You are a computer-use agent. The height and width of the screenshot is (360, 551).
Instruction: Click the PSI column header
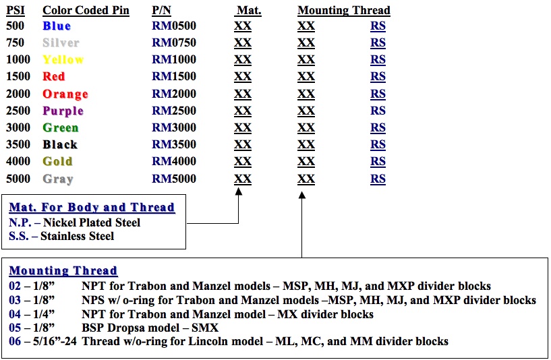tap(16, 10)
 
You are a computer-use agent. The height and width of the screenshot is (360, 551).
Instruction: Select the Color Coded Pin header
tap(86, 11)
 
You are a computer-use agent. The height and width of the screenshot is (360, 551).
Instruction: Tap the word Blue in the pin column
tap(57, 26)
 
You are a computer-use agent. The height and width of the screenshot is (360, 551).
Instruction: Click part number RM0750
tap(173, 42)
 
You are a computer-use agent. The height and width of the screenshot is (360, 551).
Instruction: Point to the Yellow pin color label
tap(63, 59)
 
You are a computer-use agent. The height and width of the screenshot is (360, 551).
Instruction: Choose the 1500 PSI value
tap(18, 76)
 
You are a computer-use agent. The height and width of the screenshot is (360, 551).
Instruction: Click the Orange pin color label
tap(65, 94)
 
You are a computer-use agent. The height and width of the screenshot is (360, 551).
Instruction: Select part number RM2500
tap(173, 111)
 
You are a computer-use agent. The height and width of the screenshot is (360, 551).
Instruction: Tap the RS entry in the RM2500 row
tap(378, 111)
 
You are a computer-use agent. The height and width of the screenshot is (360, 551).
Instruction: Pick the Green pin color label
tap(61, 127)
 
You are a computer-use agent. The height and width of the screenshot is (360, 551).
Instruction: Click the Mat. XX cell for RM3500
tap(243, 144)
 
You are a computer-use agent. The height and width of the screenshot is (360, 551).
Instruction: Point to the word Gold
tap(57, 161)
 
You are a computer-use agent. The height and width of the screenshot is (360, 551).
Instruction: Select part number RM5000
tap(173, 179)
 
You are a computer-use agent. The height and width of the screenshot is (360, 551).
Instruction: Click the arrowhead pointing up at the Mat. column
tap(239, 191)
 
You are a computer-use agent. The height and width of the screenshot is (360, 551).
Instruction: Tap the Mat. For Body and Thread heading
tap(92, 207)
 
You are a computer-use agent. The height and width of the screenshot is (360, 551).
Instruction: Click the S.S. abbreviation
tap(19, 236)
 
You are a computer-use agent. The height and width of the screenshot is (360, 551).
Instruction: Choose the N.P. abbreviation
tap(20, 222)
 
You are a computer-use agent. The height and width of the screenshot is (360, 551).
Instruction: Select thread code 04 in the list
tap(15, 314)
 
